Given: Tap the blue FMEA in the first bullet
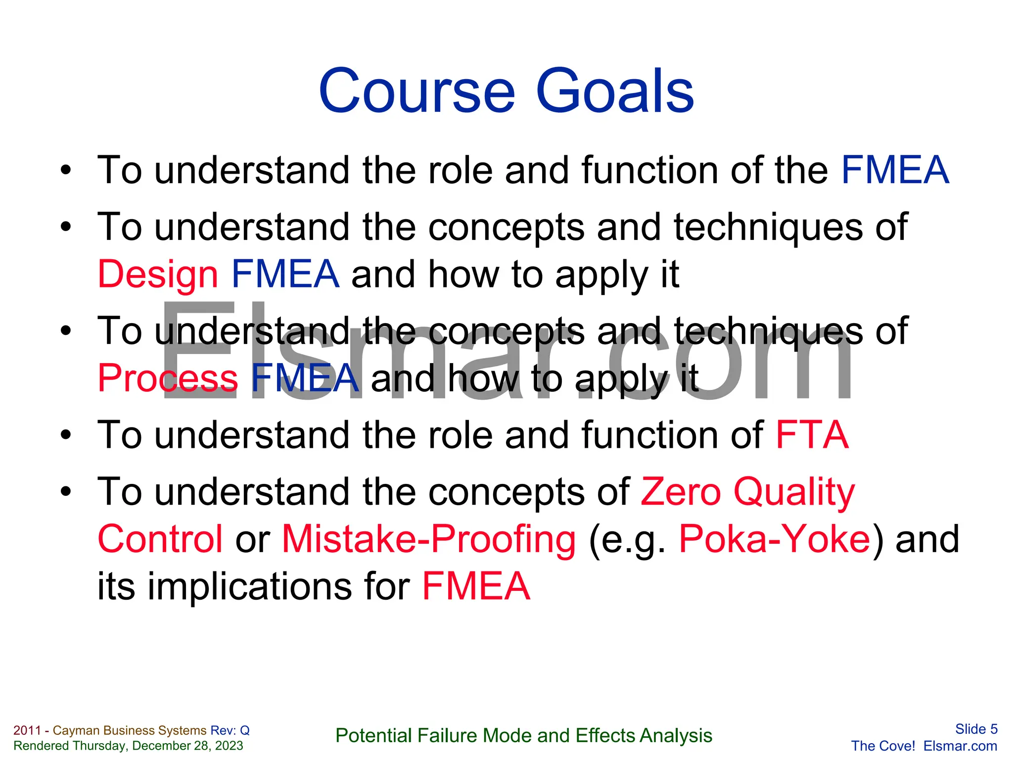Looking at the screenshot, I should [x=895, y=170].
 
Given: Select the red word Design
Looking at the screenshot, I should [x=158, y=275].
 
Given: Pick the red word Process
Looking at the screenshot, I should [x=168, y=379].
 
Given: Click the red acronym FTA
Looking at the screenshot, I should [x=812, y=435].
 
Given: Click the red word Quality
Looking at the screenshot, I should [x=794, y=493].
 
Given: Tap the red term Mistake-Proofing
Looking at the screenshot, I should [x=429, y=539].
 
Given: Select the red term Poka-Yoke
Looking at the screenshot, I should [x=775, y=539].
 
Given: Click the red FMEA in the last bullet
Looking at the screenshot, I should [x=476, y=586].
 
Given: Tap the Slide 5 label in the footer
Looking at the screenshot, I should [x=976, y=729].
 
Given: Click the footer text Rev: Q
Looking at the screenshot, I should [x=230, y=730].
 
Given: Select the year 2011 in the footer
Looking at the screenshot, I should [x=27, y=730].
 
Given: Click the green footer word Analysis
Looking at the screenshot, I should [x=676, y=736].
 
